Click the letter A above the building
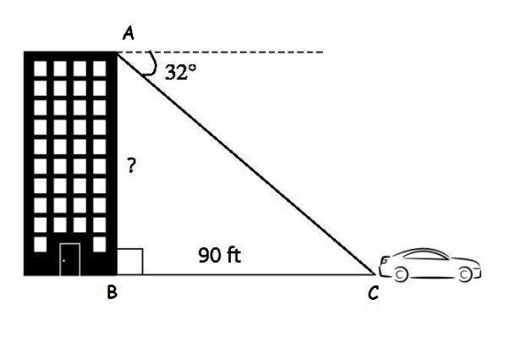[129, 34]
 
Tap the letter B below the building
[112, 291]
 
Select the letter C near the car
[373, 292]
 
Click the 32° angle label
[180, 72]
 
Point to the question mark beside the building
[131, 165]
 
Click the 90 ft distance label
[220, 255]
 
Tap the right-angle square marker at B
[130, 262]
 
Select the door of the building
[70, 259]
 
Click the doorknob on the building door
[64, 261]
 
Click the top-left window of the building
[41, 69]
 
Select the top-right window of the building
[99, 69]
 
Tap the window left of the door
[41, 244]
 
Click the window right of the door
[99, 244]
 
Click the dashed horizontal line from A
[220, 53]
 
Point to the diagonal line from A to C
[246, 163]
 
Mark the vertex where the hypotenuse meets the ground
[375, 274]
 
